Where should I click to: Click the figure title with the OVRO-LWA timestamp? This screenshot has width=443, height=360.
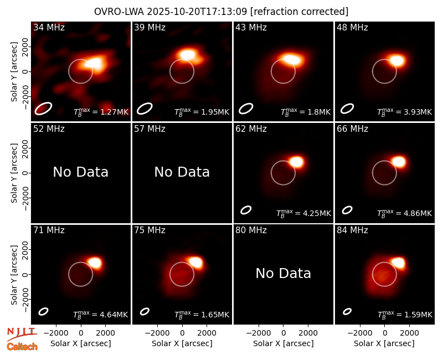[x=221, y=12]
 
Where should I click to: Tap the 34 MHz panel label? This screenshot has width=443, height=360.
[x=49, y=27]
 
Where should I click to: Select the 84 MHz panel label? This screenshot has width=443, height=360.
[x=352, y=230]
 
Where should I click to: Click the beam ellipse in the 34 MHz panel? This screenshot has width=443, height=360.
[x=43, y=109]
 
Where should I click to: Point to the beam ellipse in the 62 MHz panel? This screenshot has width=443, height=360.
[x=246, y=210]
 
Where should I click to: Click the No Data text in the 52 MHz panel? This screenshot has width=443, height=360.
[x=80, y=172]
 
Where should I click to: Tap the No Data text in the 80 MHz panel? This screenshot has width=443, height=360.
[x=283, y=274]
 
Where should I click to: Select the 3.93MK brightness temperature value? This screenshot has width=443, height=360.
[x=405, y=112]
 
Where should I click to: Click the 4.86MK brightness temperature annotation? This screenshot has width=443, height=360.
[x=405, y=213]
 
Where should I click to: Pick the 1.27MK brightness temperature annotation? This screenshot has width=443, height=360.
[x=101, y=112]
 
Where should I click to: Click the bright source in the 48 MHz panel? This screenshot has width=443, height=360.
[x=397, y=60]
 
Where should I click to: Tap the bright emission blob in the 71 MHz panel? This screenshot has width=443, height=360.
[x=94, y=263]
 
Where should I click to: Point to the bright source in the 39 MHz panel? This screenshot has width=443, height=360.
[x=188, y=54]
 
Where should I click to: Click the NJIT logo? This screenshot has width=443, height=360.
[x=22, y=334]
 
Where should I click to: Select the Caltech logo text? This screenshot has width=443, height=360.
[x=22, y=347]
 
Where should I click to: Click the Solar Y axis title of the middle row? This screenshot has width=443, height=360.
[x=14, y=173]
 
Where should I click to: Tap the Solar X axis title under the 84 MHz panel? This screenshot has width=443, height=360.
[x=384, y=343]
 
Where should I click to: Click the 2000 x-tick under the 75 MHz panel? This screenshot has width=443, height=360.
[x=207, y=333]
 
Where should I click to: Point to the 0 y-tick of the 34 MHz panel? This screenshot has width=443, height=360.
[x=26, y=71]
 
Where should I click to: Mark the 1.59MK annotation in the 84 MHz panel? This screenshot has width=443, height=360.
[x=405, y=315]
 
